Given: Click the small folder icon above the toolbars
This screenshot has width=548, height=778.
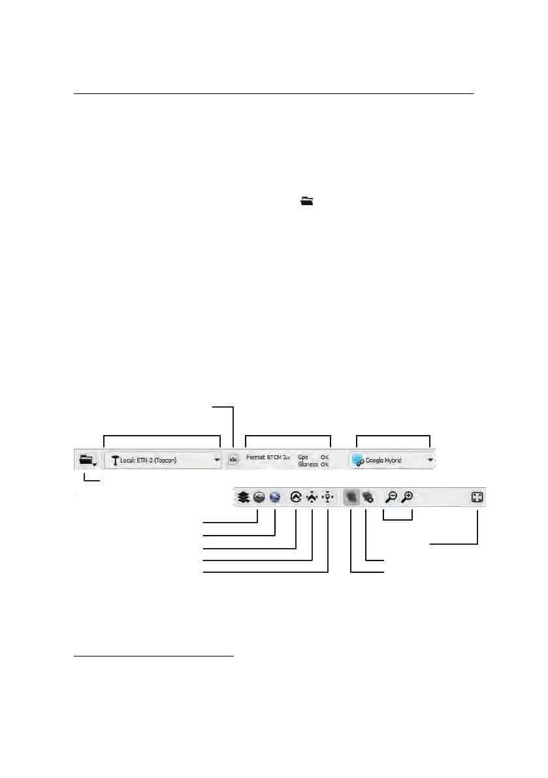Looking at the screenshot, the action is pos(306,203).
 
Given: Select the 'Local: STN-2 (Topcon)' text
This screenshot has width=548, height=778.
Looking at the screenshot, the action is pos(148,461).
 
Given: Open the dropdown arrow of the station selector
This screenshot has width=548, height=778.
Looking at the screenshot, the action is pos(217,460).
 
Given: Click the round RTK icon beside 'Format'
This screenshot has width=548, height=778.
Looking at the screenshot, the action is pos(233,460).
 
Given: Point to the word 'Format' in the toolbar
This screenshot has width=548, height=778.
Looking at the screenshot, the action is pos(255,457).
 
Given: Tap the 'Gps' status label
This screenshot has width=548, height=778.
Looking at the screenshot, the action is pos(303,457).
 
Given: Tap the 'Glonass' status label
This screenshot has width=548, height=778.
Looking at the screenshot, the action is pos(307,464).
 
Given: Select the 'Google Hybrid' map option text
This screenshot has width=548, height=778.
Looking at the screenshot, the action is pos(383,461).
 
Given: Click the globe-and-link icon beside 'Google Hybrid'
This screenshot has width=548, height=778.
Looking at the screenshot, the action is pos(357,461).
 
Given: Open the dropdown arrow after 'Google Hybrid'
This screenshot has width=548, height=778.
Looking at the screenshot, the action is pos(430,460).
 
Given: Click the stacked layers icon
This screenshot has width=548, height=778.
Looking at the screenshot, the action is pos(244,497).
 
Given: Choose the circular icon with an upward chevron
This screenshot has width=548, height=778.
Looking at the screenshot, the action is pos(295,497).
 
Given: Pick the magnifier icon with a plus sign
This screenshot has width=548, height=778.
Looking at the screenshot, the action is pos(407,497).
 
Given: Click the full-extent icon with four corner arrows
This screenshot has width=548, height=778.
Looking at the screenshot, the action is pos(477,497).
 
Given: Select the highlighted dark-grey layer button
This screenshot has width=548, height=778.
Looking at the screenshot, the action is pos(351,497).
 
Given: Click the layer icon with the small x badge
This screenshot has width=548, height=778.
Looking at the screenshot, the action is pos(367,497).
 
